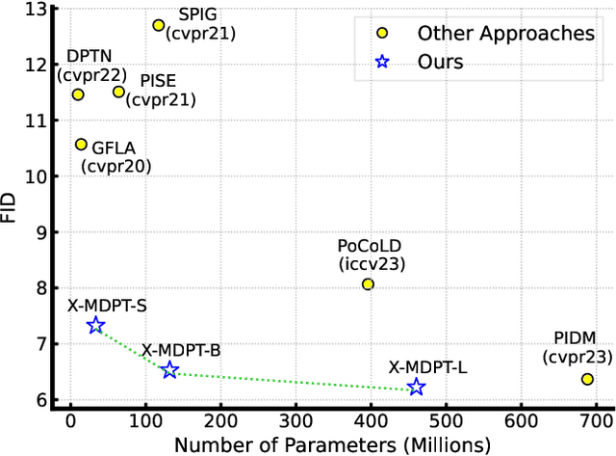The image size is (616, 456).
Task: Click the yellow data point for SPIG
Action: [x=159, y=25]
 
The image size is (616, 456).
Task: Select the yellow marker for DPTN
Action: [x=78, y=94]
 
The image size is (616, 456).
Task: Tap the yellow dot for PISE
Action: [x=118, y=92]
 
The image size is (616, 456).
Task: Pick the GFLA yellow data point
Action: [x=81, y=145]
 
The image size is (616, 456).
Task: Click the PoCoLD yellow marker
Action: [x=368, y=284]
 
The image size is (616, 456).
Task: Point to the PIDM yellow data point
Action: [x=587, y=379]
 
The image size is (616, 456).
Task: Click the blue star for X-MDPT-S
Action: [x=95, y=326]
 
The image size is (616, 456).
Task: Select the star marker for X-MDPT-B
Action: [x=169, y=370]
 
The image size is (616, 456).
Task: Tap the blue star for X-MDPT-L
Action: [x=416, y=388]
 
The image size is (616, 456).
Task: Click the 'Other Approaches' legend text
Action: [x=505, y=34]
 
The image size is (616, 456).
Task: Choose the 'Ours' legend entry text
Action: [x=441, y=63]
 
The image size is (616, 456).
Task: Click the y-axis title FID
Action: [x=11, y=205]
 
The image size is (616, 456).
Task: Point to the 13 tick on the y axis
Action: [x=36, y=10]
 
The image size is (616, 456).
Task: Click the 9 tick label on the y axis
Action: [x=40, y=232]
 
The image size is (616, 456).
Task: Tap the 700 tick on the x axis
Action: [x=597, y=420]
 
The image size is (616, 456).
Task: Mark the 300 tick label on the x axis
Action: [x=295, y=420]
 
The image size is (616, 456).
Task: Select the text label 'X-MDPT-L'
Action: [x=427, y=366]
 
